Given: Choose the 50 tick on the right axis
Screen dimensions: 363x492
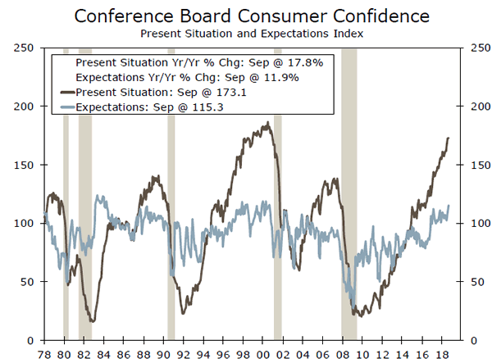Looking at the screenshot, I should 475,282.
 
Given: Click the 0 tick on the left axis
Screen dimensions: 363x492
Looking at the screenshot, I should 28,340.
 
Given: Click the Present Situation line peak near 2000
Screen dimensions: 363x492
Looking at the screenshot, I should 266,123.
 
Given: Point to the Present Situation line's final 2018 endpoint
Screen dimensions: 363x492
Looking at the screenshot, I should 449,138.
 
